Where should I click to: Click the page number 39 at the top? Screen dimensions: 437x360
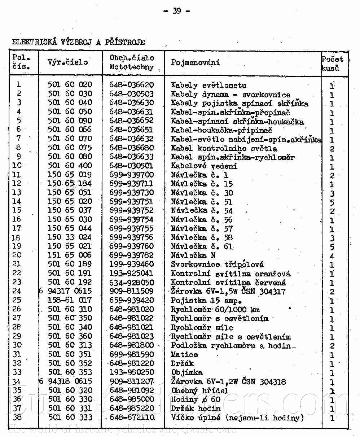coord(177,11)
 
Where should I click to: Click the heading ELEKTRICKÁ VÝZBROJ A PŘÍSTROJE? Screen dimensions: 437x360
coord(79,42)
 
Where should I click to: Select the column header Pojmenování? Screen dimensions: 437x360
coord(195,62)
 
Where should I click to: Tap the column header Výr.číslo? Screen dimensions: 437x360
coord(67,62)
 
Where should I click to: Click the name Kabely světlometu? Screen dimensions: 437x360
coord(208,86)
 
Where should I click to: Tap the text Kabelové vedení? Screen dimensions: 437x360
coord(204,166)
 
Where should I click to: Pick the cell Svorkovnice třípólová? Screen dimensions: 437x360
coord(217,265)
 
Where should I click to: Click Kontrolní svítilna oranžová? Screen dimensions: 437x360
coord(231,274)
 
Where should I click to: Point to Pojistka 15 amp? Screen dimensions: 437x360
coord(206,301)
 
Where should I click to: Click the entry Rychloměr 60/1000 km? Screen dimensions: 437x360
coord(215,310)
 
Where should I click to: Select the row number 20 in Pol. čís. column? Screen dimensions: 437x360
coord(17,255)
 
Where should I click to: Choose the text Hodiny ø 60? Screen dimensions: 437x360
coord(195,399)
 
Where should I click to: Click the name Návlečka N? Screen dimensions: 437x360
coord(193,255)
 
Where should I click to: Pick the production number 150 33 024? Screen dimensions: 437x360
coord(70,237)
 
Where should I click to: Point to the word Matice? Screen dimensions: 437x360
coord(184,355)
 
